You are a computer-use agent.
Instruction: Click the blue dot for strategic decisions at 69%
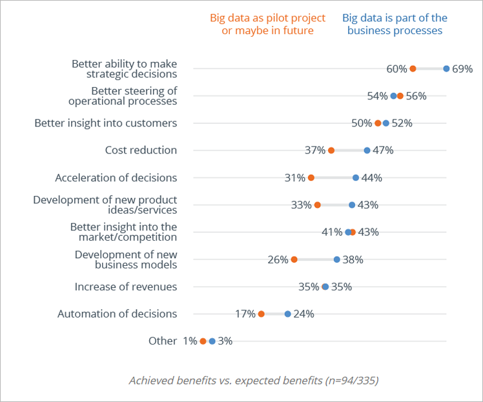[x=446, y=68]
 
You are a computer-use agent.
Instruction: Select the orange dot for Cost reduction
[x=331, y=150]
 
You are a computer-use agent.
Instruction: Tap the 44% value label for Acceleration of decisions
[x=372, y=177]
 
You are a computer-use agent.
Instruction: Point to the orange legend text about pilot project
[x=268, y=24]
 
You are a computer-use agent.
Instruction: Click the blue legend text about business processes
[x=395, y=24]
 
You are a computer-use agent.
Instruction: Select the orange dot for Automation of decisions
[x=261, y=314]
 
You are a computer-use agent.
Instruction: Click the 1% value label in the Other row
[x=190, y=341]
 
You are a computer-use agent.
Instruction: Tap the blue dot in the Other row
[x=212, y=341]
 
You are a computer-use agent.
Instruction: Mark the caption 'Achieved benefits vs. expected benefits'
[x=253, y=380]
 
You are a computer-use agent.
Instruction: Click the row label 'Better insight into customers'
[x=105, y=123]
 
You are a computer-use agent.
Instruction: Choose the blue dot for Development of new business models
[x=336, y=259]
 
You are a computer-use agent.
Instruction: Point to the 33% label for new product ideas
[x=301, y=205]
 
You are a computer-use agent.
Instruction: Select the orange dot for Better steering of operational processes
[x=400, y=95]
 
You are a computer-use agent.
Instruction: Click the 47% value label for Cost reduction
[x=383, y=150]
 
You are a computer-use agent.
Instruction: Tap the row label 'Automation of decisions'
[x=117, y=314]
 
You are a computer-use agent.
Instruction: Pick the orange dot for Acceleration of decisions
[x=311, y=177]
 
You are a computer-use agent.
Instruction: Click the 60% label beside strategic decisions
[x=396, y=68]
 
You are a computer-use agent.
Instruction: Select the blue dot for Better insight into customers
[x=386, y=123]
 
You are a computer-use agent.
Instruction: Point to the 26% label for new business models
[x=278, y=259]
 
